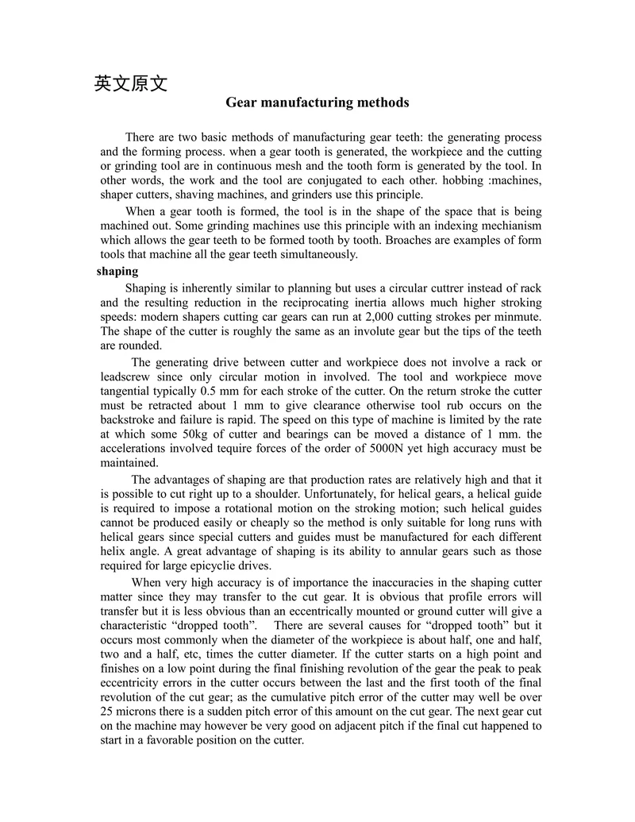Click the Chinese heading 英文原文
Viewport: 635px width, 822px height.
(131, 83)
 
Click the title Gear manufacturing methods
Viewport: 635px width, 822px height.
(317, 102)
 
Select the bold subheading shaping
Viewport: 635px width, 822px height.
(117, 272)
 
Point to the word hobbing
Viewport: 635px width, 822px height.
(448, 180)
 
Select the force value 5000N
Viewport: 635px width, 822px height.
(389, 448)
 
